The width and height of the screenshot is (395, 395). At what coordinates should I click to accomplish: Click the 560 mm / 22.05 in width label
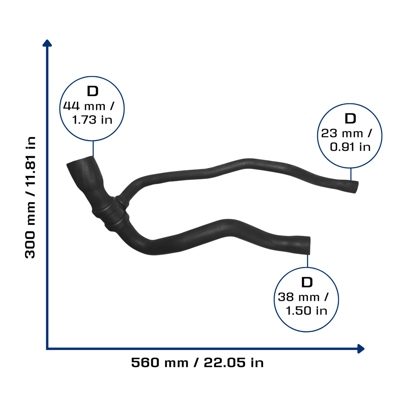tap(197, 363)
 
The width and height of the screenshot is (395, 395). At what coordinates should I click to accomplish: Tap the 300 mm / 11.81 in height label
tap(30, 197)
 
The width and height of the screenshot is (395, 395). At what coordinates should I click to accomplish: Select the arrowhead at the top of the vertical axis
tap(47, 43)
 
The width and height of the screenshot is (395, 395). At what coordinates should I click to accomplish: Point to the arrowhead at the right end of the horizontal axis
tap(361, 349)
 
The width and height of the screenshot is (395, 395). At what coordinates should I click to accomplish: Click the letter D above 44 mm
tap(93, 91)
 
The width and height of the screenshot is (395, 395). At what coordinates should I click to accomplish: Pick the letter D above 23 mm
tap(350, 118)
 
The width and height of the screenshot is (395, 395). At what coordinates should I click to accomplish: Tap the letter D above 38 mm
tap(307, 282)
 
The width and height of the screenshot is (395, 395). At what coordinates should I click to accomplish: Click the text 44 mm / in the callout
tap(89, 106)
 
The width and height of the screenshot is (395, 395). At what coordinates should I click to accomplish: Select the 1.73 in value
tap(92, 120)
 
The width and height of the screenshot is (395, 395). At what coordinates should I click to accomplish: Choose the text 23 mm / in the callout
tap(346, 133)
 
